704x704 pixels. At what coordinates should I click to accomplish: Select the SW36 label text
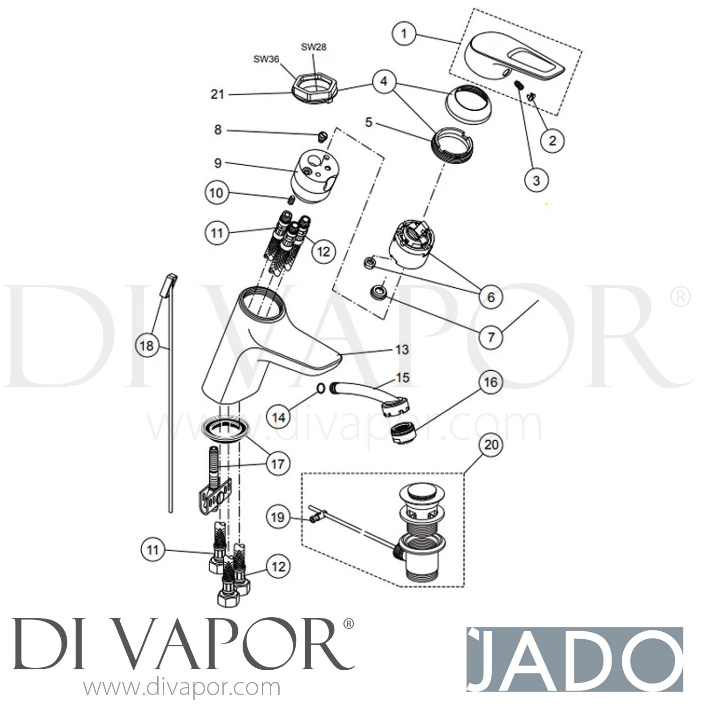(267, 59)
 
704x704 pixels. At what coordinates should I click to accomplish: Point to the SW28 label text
(314, 47)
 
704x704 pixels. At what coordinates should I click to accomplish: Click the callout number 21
(217, 94)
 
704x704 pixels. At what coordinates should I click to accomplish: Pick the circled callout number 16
(490, 382)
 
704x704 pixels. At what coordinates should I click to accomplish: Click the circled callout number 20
(491, 444)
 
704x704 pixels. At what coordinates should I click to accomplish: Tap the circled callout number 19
(278, 517)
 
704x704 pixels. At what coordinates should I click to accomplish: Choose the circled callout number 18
(146, 346)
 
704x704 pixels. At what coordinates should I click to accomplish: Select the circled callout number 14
(278, 417)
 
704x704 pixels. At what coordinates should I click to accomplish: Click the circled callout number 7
(491, 337)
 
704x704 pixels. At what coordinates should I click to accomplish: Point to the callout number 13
(402, 350)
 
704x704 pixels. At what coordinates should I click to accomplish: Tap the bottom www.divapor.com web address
(182, 688)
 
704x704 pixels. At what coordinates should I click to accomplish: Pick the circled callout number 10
(216, 193)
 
